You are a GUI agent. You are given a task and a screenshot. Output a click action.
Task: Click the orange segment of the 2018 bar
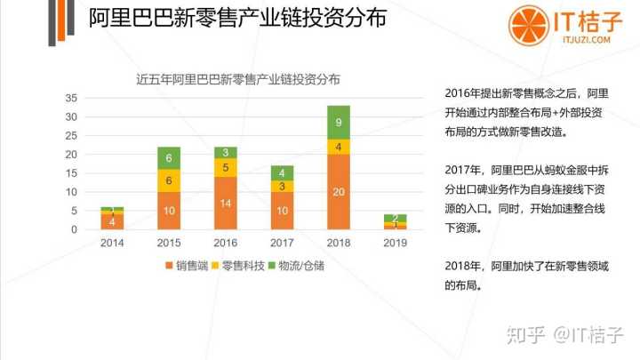pyautogui.click(x=340, y=191)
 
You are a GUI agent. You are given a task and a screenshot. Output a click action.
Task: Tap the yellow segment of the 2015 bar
pyautogui.click(x=169, y=180)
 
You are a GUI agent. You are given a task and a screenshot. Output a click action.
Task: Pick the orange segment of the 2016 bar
pyautogui.click(x=226, y=203)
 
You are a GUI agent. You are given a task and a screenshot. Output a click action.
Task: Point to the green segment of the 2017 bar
pyautogui.click(x=283, y=172)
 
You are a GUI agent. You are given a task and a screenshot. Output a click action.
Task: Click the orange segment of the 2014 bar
pyautogui.click(x=112, y=221)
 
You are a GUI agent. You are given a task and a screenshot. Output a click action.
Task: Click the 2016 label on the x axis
pyautogui.click(x=226, y=242)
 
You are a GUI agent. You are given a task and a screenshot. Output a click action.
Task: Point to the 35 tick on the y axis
pyautogui.click(x=72, y=98)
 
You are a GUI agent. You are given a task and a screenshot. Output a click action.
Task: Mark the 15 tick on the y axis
pyautogui.click(x=72, y=172)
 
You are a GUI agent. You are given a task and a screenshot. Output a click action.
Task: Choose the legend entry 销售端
pyautogui.click(x=187, y=265)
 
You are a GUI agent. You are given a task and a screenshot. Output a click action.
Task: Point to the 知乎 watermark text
pyautogui.click(x=524, y=335)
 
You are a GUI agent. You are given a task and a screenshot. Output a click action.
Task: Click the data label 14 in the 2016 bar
pyautogui.click(x=226, y=203)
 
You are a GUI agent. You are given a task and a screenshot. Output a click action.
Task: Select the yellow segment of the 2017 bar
pyautogui.click(x=283, y=187)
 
